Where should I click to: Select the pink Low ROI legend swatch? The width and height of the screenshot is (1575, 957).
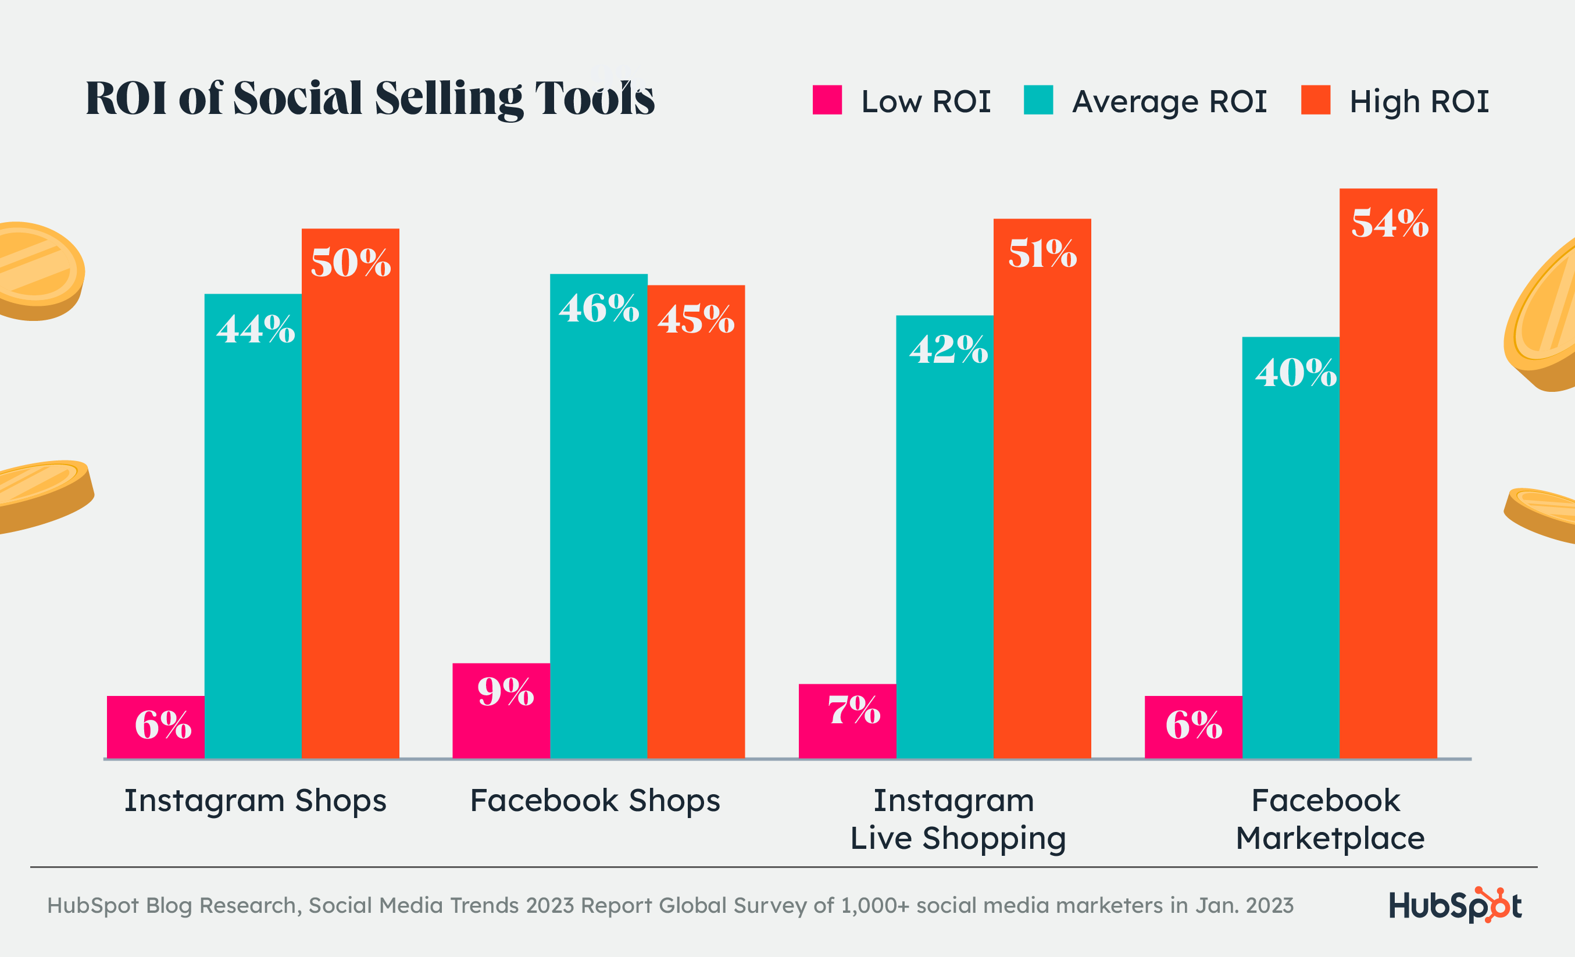tap(827, 100)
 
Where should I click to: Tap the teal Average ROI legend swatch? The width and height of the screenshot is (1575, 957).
tap(1038, 100)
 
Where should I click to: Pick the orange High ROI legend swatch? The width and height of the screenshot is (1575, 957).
tap(1316, 100)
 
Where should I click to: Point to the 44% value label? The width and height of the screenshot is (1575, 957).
tap(256, 330)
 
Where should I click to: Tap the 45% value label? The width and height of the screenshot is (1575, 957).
tap(696, 319)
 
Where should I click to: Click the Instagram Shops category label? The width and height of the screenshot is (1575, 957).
tap(255, 801)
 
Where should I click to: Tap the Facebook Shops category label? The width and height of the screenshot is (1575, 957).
tap(595, 801)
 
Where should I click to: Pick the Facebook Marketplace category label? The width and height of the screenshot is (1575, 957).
tap(1330, 819)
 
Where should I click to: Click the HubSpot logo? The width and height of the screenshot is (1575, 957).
tap(1455, 905)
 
